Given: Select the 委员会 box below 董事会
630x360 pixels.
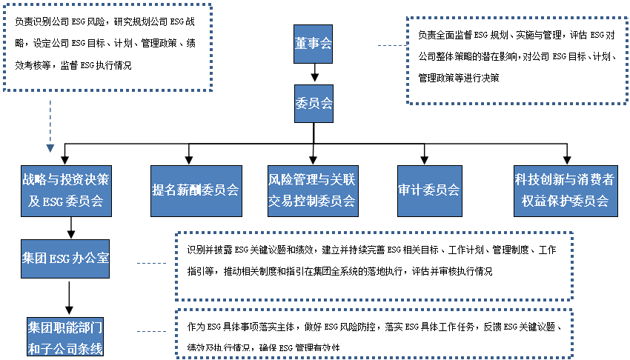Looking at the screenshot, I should pos(313,101).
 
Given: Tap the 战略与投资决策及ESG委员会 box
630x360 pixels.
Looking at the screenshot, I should pos(67,190).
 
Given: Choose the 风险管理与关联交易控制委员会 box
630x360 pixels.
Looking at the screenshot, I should pos(311,190).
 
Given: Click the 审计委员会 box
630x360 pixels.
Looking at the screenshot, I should pos(428,190).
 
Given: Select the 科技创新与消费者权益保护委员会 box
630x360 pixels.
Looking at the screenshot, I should pos(566,190).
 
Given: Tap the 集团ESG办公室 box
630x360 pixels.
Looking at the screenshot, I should pos(67,258).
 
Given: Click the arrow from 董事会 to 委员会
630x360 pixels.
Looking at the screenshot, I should pos(314,73).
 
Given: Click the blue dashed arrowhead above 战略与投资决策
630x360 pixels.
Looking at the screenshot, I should pos(50,147).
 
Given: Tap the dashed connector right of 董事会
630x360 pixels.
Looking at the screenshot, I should pos(390,46).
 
